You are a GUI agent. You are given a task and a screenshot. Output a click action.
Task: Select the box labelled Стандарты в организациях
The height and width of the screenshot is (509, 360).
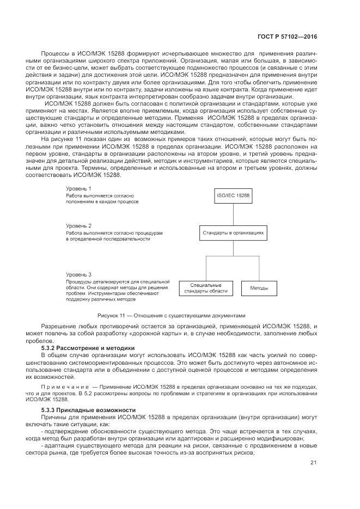pos(233,232)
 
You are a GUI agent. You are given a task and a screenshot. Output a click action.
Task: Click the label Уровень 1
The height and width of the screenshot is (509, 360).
pos(79,188)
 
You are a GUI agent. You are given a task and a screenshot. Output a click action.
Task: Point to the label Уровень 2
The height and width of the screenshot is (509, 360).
pos(79,225)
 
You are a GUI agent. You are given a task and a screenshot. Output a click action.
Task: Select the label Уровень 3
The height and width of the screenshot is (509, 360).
pos(79,274)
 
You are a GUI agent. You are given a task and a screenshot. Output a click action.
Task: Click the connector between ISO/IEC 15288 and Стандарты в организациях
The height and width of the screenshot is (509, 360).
pos(233,214)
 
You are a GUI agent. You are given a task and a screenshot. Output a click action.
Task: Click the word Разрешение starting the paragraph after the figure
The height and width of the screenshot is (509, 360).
pos(58,326)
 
